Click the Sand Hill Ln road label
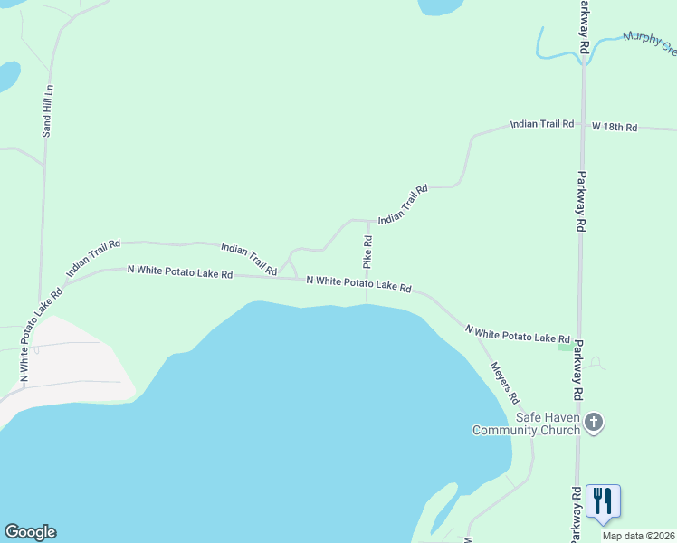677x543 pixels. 49,111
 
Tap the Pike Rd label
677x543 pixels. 368,252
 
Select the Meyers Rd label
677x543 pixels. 505,383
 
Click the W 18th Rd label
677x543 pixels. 615,128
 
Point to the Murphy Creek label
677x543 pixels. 649,39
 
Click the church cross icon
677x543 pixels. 594,422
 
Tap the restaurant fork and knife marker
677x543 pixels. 603,500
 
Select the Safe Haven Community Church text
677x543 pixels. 526,424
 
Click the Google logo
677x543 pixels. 30,532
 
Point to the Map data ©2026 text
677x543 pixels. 637,536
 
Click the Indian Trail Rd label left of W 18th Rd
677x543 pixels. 542,123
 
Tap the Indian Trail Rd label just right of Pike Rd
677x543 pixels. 403,205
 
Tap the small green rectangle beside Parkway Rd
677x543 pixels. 566,348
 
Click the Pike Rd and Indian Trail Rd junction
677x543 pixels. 367,220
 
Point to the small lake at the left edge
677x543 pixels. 7,76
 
